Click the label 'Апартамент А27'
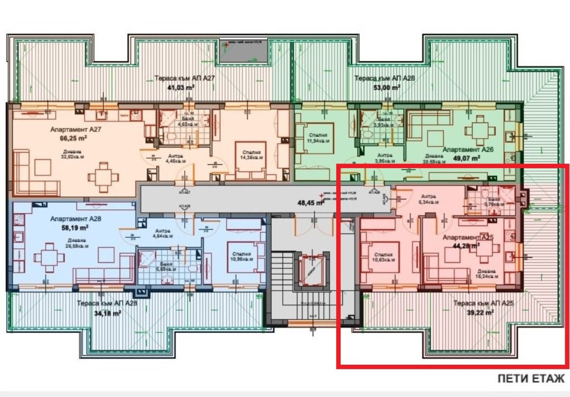[76, 129]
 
